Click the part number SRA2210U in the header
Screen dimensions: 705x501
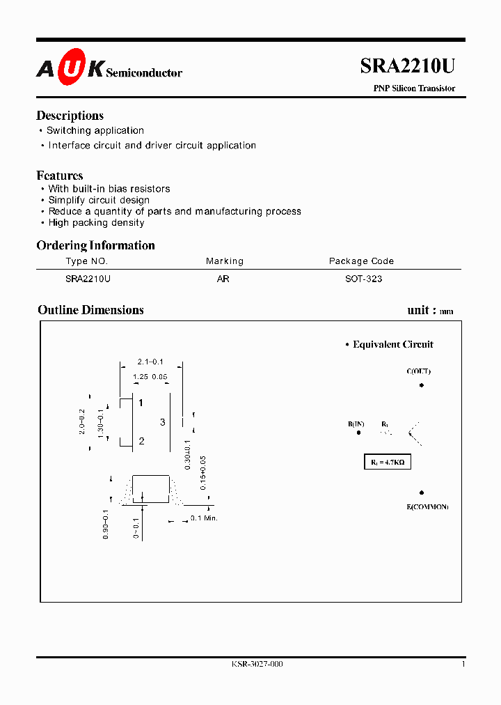[x=407, y=66]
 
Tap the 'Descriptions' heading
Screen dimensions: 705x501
[x=70, y=116]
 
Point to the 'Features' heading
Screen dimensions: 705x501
[x=59, y=176]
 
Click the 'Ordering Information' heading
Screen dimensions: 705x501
[x=95, y=245]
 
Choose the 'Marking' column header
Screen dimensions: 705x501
[x=225, y=261]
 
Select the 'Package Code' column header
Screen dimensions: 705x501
[x=361, y=261]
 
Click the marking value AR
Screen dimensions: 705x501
[x=223, y=279]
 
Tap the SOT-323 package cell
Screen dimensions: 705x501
[x=364, y=279]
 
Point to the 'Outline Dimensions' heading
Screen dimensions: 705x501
[x=90, y=310]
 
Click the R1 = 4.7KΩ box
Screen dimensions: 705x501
[x=389, y=462]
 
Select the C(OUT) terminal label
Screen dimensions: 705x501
[x=418, y=371]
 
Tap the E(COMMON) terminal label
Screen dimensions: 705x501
[x=427, y=506]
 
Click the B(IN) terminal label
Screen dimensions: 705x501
[x=356, y=424]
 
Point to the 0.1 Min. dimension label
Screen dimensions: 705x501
[x=205, y=518]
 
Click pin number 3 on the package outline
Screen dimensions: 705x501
[x=163, y=422]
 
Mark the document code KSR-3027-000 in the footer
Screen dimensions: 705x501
[x=257, y=664]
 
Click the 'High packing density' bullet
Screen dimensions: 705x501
[x=96, y=223]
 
